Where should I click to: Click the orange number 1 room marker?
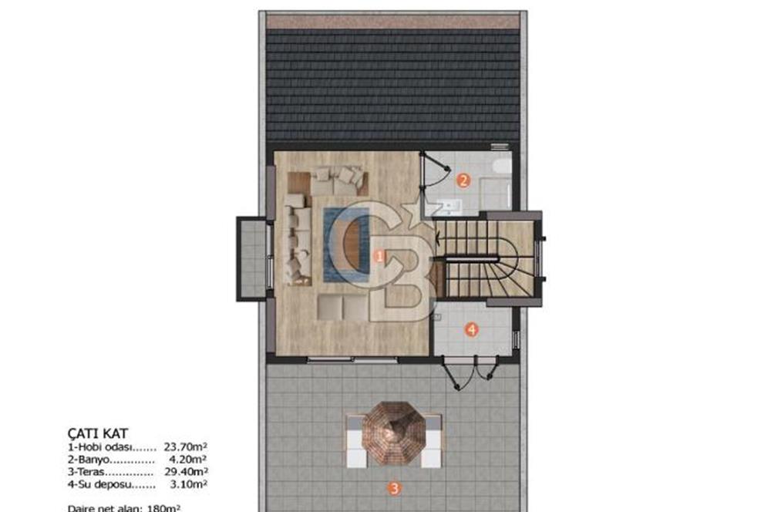379,257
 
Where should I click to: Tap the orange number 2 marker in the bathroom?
463,181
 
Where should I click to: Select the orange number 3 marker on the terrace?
394,487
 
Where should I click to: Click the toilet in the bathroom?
501,167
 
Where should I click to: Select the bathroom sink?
448,204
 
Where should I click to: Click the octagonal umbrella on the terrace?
394,434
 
